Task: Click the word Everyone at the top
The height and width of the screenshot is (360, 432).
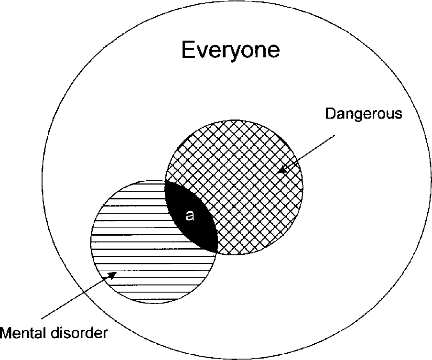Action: (230, 50)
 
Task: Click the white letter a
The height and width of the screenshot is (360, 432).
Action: (190, 216)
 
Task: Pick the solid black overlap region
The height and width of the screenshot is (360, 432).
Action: (194, 225)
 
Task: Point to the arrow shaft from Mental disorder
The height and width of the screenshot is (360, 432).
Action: (76, 296)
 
